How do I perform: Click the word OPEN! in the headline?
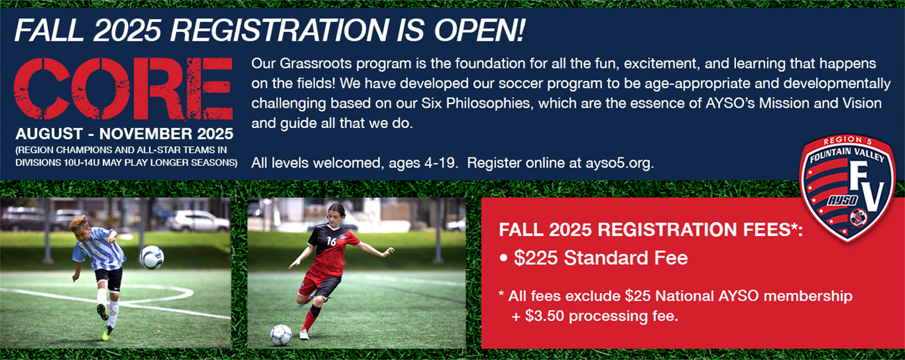point(480,30)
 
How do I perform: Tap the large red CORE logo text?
point(123,89)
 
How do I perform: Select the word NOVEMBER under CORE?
point(143,134)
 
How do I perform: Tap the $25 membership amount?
point(638,296)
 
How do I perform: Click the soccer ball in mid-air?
point(152,257)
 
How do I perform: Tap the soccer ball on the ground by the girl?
point(281,335)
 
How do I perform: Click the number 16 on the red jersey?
point(332,241)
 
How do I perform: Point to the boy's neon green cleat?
point(107,333)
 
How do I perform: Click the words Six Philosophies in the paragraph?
point(475,103)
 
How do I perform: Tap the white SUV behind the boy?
point(197,221)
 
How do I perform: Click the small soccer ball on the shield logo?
point(858,218)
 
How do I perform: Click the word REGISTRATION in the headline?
point(279,30)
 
